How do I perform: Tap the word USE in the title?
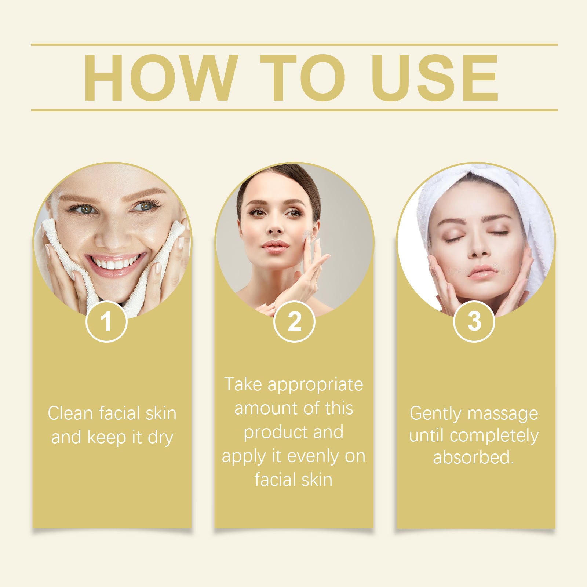(435, 77)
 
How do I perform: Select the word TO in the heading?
(303, 77)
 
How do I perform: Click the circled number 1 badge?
(106, 321)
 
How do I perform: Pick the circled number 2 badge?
(294, 321)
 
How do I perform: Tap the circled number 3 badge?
(474, 321)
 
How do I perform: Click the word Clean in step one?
(70, 413)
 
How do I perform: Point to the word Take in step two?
(243, 384)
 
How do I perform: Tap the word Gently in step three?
(435, 414)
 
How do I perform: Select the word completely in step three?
(494, 436)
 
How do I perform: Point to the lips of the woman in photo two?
(275, 247)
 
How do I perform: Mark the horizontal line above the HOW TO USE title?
(294, 45)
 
